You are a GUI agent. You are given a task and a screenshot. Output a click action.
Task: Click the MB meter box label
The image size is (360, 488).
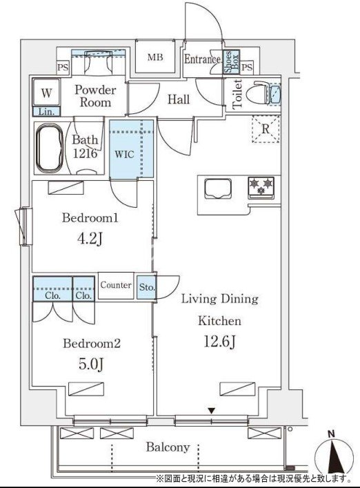[x=155, y=57]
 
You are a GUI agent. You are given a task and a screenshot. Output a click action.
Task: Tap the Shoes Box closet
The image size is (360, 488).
[x=232, y=62]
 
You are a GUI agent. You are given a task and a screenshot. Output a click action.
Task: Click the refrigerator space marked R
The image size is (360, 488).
[x=266, y=129]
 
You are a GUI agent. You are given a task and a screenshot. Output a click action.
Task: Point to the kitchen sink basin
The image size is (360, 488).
[x=218, y=188]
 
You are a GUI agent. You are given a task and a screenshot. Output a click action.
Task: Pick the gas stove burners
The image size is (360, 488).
[x=261, y=188]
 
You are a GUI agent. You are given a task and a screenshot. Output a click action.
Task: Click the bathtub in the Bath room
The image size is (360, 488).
[x=50, y=148]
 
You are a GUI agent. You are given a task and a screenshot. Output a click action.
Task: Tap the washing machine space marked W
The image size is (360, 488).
[x=46, y=92]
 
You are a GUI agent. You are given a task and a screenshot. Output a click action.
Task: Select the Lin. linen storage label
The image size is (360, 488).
[x=46, y=112]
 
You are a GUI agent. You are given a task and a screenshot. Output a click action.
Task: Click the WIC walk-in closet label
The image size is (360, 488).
[x=124, y=154]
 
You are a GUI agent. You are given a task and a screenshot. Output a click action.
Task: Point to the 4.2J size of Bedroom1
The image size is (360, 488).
[x=90, y=240]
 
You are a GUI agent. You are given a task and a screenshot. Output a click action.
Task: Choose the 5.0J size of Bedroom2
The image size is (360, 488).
[x=90, y=364]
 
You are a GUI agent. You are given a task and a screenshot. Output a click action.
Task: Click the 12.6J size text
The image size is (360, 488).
[x=220, y=342]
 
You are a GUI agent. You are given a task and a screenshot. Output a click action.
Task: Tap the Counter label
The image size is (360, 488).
[x=116, y=285]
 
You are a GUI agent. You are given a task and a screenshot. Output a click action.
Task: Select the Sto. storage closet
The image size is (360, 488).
[x=146, y=286]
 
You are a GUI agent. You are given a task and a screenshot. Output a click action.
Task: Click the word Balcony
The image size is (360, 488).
[x=168, y=447]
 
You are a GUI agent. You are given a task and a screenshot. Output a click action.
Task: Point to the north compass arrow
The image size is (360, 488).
[x=334, y=455]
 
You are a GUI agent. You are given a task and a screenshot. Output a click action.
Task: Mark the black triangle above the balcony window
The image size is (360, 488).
[x=212, y=411]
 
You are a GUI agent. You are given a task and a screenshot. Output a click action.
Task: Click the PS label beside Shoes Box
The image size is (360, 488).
[x=247, y=67]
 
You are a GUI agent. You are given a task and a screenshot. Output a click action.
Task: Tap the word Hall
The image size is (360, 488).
[x=179, y=99]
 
